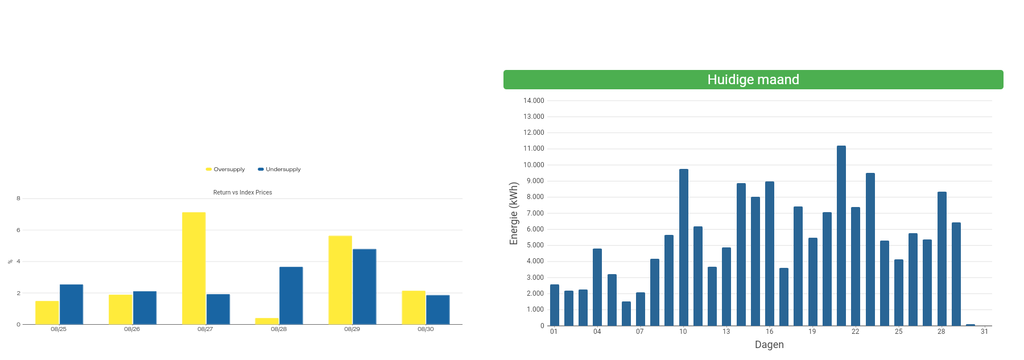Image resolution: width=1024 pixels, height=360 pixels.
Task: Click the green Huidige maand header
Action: [x=753, y=80]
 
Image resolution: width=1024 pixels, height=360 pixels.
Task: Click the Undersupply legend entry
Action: [x=279, y=169]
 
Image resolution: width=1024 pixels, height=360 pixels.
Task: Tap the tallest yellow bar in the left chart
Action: [x=194, y=268]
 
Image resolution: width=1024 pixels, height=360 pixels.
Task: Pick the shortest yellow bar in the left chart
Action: [x=267, y=321]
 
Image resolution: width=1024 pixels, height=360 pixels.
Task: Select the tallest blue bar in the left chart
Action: [x=364, y=287]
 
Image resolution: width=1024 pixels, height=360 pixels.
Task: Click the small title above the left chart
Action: [x=242, y=193]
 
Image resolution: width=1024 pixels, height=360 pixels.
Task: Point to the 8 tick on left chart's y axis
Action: [x=18, y=198]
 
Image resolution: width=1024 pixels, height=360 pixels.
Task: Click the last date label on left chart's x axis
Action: [x=425, y=329]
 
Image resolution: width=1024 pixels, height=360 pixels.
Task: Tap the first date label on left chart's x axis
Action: [x=59, y=329]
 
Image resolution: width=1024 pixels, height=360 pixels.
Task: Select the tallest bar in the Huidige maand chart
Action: [x=841, y=235]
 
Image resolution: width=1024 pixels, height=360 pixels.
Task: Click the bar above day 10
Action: [x=683, y=247]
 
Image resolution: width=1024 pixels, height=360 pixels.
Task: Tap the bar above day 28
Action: [x=942, y=259]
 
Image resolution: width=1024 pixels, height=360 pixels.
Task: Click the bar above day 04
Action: [x=597, y=287]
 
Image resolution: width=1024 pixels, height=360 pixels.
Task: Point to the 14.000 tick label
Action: [x=534, y=101]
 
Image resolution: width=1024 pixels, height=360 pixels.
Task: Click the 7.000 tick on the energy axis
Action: [x=534, y=213]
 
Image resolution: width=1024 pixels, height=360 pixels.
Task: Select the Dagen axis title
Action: [x=769, y=345]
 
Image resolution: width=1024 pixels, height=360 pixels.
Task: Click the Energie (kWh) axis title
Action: [x=514, y=213]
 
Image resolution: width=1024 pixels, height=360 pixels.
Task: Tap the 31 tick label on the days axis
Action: [x=984, y=332]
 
